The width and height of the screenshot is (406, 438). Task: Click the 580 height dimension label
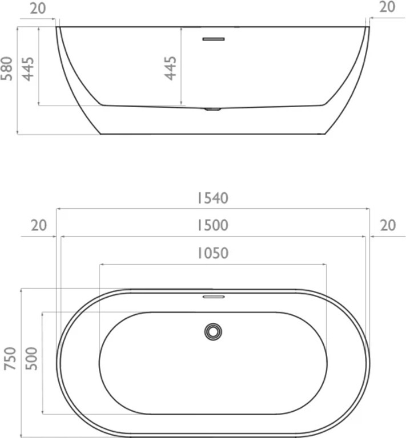tap(7, 68)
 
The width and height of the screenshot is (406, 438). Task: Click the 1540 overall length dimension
tap(213, 198)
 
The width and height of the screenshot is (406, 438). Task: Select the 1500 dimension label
tap(213, 225)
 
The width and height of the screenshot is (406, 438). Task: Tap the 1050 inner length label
tap(213, 253)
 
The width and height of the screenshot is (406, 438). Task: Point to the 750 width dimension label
tap(10, 359)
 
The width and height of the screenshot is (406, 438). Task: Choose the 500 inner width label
tap(31, 359)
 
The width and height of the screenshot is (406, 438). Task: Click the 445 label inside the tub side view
tap(170, 68)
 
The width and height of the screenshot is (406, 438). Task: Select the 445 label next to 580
tap(28, 69)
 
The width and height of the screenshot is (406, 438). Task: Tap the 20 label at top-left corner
tap(38, 9)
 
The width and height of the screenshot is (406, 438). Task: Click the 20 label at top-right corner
tap(387, 7)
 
